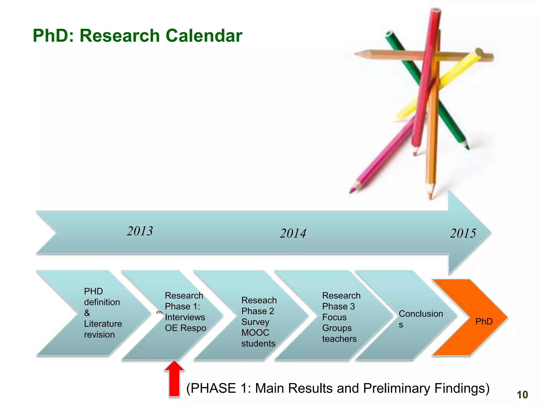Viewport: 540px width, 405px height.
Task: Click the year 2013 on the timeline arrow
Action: point(140,231)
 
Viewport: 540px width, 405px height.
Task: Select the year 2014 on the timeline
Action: point(293,234)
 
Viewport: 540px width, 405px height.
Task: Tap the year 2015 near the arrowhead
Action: point(463,234)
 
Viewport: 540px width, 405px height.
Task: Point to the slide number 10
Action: point(522,395)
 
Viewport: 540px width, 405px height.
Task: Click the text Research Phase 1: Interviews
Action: point(185,312)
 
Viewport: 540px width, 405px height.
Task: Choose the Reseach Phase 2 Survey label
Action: point(258,322)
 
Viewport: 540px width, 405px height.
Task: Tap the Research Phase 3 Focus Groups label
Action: point(341,317)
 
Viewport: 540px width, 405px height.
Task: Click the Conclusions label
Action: point(420,319)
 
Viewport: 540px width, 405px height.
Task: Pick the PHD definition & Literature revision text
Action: point(102,313)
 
